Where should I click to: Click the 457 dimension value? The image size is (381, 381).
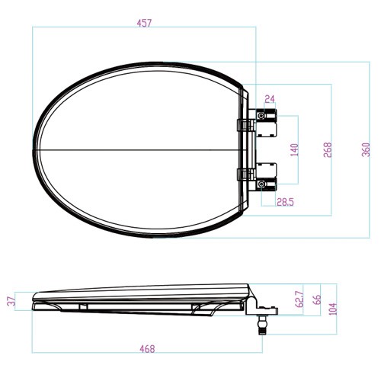tap(144, 23)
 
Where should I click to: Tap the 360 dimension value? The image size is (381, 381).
tap(366, 150)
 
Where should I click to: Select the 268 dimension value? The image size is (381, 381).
tap(328, 150)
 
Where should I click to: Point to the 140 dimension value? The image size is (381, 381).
tap(294, 150)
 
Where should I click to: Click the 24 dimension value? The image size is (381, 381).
tap(270, 98)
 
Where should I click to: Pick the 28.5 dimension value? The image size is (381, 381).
tap(285, 202)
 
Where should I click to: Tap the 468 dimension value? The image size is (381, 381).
tap(147, 349)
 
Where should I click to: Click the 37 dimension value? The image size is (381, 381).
tap(12, 301)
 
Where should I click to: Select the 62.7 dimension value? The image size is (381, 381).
tap(299, 299)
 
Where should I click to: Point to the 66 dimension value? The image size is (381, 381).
tap(317, 299)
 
